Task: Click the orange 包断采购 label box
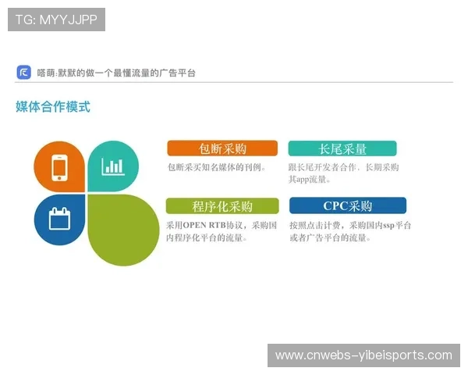(222, 148)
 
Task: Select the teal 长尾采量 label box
(342, 148)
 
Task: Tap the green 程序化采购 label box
(222, 206)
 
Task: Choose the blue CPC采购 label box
(347, 206)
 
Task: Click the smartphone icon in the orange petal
(59, 167)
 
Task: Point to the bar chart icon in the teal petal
(112, 166)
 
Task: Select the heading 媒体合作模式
(53, 106)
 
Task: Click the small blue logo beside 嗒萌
(23, 73)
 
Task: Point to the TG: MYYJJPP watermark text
(56, 20)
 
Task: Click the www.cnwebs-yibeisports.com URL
(363, 355)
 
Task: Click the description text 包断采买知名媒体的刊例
(217, 167)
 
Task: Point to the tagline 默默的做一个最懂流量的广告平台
(132, 73)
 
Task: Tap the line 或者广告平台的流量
(330, 237)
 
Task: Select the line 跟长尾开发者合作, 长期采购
(343, 167)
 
